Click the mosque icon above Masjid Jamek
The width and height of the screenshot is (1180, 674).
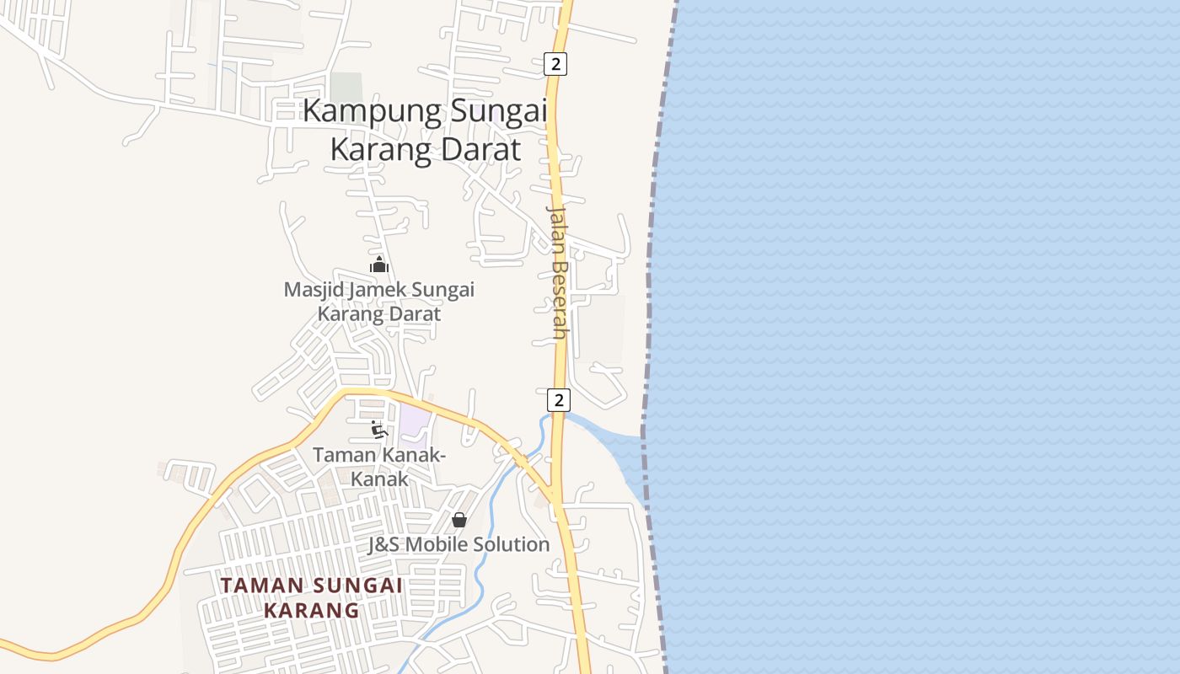click(x=379, y=265)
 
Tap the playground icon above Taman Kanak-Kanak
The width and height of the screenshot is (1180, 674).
click(x=378, y=430)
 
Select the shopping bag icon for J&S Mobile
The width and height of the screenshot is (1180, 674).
click(x=459, y=520)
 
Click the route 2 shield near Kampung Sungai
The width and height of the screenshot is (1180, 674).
click(x=555, y=63)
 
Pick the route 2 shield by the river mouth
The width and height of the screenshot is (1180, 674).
click(x=557, y=399)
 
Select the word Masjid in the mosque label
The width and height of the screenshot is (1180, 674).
click(x=314, y=290)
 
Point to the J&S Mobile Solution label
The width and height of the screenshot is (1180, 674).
click(x=459, y=544)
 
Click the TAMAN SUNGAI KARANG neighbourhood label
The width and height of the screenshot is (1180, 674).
click(x=311, y=596)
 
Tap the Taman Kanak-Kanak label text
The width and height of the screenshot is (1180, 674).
click(x=379, y=467)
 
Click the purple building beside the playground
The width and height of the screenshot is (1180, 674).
click(x=415, y=423)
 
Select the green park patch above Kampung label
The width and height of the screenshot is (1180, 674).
click(x=346, y=87)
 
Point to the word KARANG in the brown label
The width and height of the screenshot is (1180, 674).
click(x=311, y=609)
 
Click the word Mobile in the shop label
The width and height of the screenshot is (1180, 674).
click(x=437, y=544)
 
